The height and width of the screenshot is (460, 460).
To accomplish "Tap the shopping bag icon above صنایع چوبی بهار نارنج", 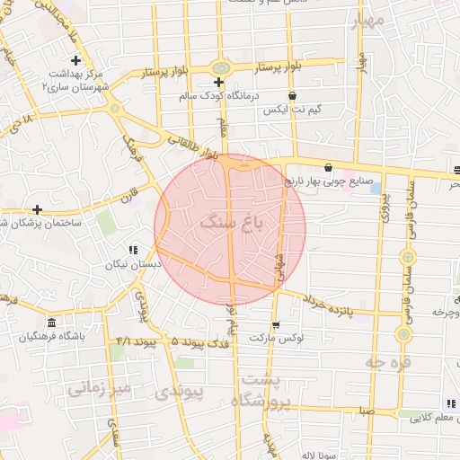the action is (328, 167).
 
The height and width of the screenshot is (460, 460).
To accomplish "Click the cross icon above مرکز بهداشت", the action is (75, 60).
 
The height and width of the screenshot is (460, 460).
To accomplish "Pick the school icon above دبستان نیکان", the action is (133, 251).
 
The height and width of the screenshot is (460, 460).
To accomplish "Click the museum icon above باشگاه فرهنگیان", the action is (50, 323).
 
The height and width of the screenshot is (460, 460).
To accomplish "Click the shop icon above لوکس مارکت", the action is (276, 325).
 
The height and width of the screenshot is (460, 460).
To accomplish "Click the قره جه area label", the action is (387, 362).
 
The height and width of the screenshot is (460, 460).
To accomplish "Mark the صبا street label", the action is (364, 411).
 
